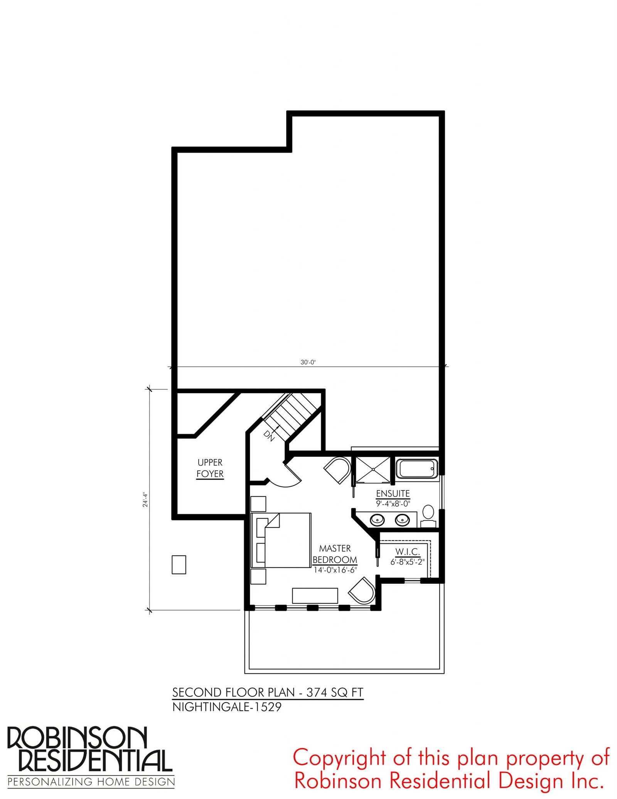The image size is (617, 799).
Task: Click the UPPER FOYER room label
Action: pyautogui.click(x=210, y=468)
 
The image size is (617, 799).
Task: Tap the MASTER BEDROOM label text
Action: pyautogui.click(x=335, y=554)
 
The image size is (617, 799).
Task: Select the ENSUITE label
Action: pyautogui.click(x=393, y=493)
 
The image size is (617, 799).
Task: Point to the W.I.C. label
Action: pyautogui.click(x=407, y=552)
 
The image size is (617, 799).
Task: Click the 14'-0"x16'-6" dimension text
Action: pyautogui.click(x=335, y=570)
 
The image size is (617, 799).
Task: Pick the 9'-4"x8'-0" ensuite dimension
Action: pyautogui.click(x=393, y=503)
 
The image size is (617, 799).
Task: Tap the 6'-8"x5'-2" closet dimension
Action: pyautogui.click(x=407, y=562)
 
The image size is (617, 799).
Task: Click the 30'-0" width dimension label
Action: pyautogui.click(x=308, y=362)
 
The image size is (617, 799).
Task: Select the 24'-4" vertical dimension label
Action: pyautogui.click(x=145, y=499)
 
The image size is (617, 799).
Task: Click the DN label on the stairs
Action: pyautogui.click(x=269, y=435)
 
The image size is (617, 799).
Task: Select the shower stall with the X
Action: pyautogui.click(x=373, y=469)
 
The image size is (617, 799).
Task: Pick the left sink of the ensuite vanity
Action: pyautogui.click(x=377, y=520)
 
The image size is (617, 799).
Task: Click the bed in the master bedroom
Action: pyautogui.click(x=281, y=540)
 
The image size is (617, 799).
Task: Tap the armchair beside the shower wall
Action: pyautogui.click(x=338, y=470)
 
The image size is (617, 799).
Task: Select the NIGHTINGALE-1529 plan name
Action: pyautogui.click(x=227, y=707)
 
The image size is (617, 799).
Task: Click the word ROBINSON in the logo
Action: pyautogui.click(x=77, y=738)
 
